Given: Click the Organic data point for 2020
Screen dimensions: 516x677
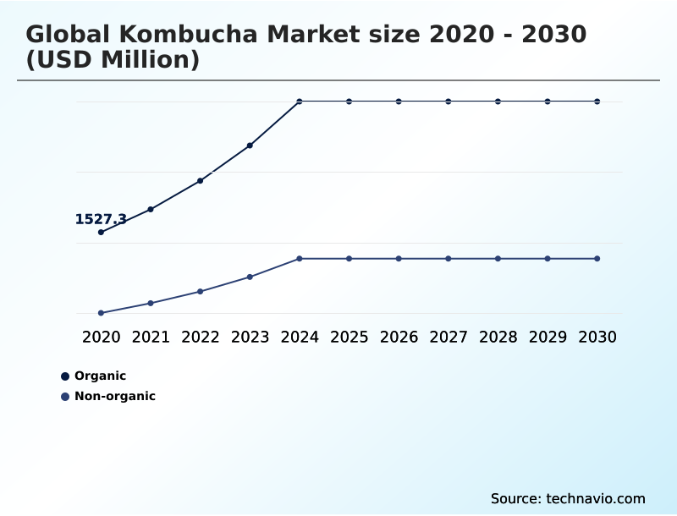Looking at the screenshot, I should (102, 232).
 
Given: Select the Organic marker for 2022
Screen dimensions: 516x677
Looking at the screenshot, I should (201, 180).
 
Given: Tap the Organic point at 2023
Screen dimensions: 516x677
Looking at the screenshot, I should (250, 145).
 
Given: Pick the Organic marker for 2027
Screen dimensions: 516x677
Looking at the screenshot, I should (449, 102).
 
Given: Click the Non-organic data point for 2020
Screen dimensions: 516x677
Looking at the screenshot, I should (102, 313).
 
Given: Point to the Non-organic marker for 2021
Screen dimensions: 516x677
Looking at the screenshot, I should (151, 303).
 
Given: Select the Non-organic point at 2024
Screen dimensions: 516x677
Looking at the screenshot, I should (300, 258).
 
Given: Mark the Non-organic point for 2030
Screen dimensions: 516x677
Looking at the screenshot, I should (597, 258).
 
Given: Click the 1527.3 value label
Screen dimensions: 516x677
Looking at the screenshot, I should (101, 219).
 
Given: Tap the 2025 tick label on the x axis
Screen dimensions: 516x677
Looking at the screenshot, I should (349, 337).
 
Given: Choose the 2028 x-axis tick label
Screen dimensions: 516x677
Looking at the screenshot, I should (498, 337).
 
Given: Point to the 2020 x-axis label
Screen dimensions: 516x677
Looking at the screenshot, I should (102, 337).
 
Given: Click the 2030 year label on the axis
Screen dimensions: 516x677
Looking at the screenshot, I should (597, 337).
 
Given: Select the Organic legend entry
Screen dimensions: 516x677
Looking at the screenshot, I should (100, 376).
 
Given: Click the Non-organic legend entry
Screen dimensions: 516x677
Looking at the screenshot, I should (114, 396).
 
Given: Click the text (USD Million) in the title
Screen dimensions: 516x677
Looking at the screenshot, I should (113, 60).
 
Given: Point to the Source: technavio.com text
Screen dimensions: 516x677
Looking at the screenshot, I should (568, 498).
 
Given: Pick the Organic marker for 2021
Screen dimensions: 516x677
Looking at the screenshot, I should (151, 209).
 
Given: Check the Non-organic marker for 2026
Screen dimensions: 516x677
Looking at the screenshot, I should (399, 258).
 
